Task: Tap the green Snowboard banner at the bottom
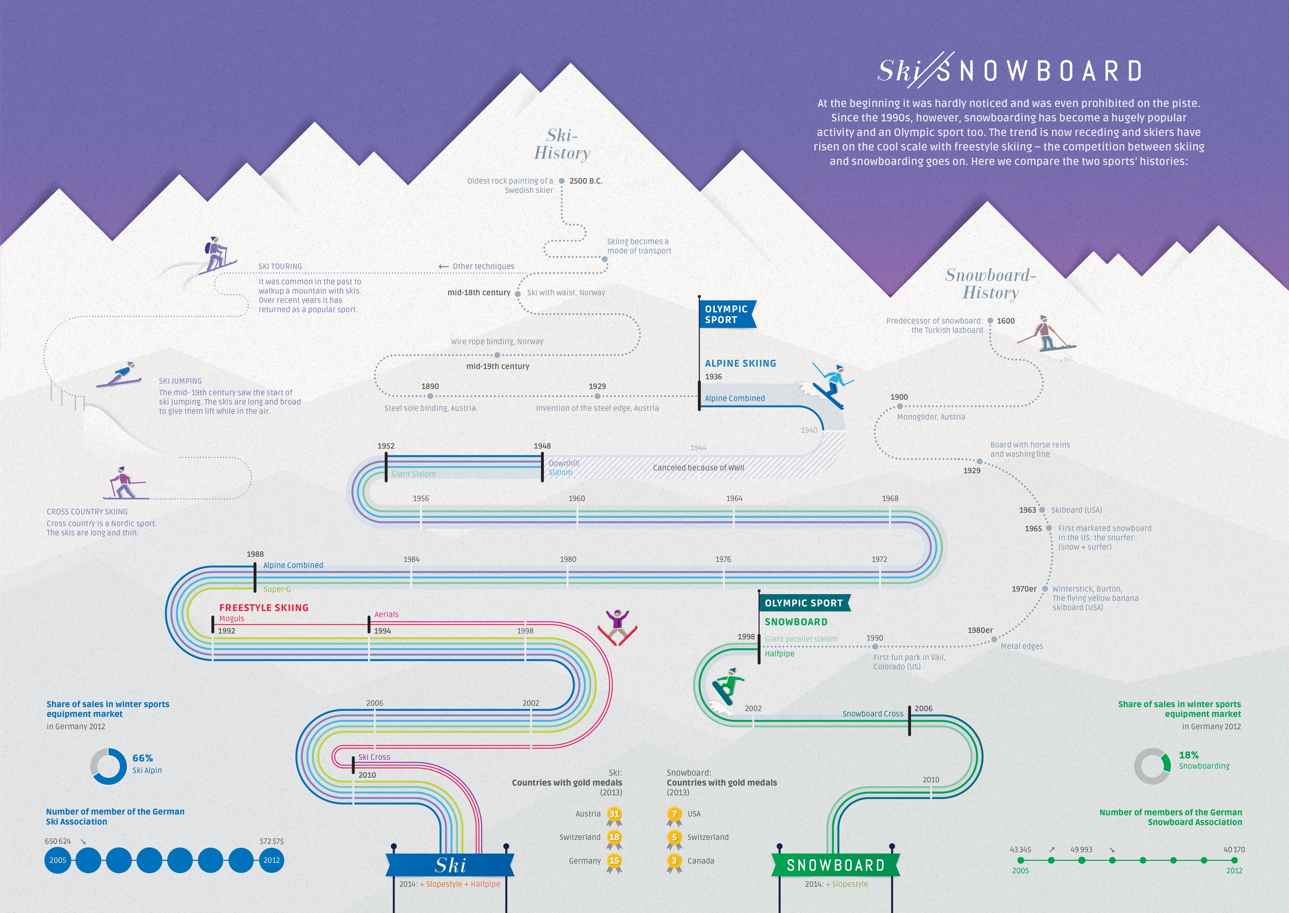click(x=835, y=865)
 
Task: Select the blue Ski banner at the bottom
click(x=450, y=865)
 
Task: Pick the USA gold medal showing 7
click(x=674, y=814)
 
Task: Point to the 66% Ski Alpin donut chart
click(x=109, y=766)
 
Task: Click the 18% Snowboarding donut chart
click(x=1152, y=766)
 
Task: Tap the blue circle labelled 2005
click(x=58, y=860)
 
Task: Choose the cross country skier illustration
click(x=124, y=483)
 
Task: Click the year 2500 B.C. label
click(x=586, y=181)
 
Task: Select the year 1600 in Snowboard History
click(x=1005, y=321)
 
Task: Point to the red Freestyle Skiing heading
click(x=264, y=608)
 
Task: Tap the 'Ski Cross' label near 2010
click(x=374, y=757)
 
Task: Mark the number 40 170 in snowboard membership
click(x=1234, y=850)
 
